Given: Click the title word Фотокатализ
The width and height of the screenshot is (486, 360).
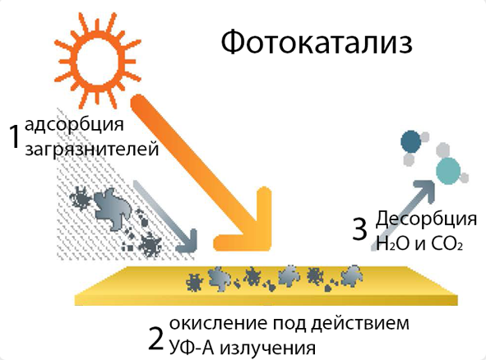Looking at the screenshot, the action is pos(317,42).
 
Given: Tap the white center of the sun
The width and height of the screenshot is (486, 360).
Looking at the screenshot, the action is pos(97,62).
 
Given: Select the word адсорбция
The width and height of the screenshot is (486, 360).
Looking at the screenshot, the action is pos(74,125).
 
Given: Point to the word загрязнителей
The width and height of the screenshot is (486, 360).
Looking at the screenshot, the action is pos(92,149).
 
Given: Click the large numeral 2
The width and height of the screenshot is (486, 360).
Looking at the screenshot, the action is pos(155,339).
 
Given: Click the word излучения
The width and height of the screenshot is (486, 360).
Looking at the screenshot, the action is pos(268,348).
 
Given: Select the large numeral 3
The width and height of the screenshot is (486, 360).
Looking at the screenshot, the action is pos(359,229).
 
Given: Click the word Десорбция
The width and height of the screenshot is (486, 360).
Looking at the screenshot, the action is pos(426,219).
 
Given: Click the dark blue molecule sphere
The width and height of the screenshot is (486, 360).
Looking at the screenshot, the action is pos(410,141).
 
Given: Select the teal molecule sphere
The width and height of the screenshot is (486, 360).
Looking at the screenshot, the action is pos(448,171).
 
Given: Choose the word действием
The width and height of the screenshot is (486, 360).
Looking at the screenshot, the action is pos(359,323).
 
